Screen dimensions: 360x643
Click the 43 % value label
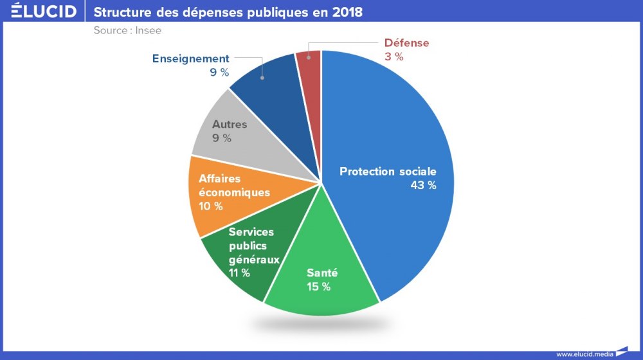pos(423,185)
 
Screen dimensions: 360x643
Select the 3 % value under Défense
pos(394,57)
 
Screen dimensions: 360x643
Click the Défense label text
pos(406,43)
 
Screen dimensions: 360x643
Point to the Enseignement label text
pos(190,59)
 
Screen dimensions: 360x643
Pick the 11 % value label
pos(239,273)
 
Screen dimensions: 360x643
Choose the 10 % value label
pos(210,206)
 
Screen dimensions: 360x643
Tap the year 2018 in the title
pos(347,12)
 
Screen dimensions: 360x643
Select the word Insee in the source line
pos(149,30)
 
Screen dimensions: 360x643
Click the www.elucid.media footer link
pos(584,354)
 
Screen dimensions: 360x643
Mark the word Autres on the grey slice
pos(230,125)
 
